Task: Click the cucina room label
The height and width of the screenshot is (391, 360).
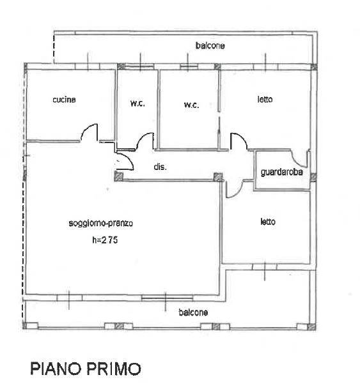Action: click(64, 100)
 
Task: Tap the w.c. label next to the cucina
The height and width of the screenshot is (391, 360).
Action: click(137, 103)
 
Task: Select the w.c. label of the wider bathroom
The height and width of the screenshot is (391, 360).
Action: click(191, 105)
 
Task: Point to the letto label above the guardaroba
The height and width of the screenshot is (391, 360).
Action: click(265, 99)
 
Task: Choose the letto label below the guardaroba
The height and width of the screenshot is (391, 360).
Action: click(268, 222)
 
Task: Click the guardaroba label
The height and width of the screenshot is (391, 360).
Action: click(281, 172)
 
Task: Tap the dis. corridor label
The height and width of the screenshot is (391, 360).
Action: click(160, 167)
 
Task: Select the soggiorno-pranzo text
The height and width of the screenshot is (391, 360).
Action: click(100, 223)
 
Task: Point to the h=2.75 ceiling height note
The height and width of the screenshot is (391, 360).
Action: click(105, 240)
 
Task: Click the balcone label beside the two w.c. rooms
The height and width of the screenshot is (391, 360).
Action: click(210, 45)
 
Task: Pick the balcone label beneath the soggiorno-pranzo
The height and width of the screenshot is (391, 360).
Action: click(193, 312)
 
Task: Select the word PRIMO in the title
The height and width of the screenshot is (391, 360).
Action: click(114, 369)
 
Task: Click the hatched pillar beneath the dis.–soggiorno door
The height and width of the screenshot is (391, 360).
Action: click(118, 176)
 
